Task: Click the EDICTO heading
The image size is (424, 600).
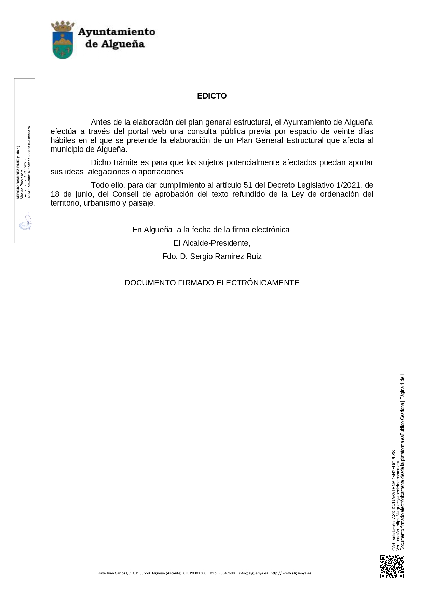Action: pyautogui.click(x=212, y=96)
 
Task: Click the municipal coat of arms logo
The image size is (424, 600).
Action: pyautogui.click(x=62, y=40)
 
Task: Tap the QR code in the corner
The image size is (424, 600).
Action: pyautogui.click(x=392, y=567)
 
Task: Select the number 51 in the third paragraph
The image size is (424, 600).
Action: pyautogui.click(x=248, y=185)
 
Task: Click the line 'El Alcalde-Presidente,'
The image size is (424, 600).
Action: pyautogui.click(x=212, y=243)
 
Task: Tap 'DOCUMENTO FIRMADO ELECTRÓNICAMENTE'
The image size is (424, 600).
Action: pyautogui.click(x=212, y=283)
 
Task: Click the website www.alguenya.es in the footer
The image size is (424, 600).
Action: pyautogui.click(x=297, y=573)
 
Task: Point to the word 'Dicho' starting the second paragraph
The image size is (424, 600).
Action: pyautogui.click(x=101, y=163)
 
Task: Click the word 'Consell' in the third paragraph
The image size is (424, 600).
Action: pyautogui.click(x=125, y=194)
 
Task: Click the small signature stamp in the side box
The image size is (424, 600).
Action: pyautogui.click(x=25, y=222)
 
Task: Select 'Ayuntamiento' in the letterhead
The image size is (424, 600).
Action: pyautogui.click(x=117, y=32)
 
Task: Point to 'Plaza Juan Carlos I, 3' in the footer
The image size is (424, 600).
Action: pyautogui.click(x=114, y=573)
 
